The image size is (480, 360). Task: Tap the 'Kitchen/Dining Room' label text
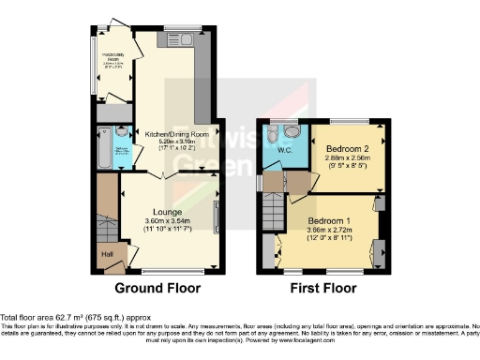[177, 134]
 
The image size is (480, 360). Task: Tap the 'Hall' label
[106, 253]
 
